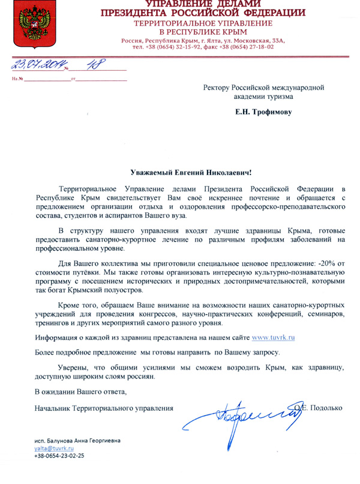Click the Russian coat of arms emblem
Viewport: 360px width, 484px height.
(27, 26)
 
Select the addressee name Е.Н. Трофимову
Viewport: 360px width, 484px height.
(263, 112)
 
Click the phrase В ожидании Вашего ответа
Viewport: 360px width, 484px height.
(81, 392)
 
